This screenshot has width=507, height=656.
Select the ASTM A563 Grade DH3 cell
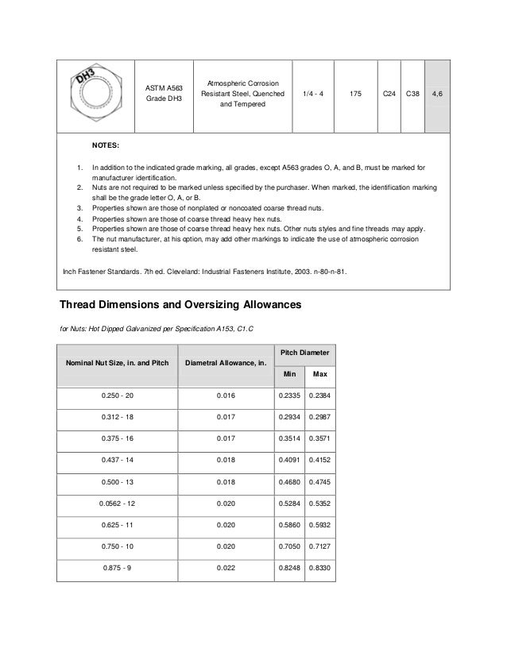click(163, 94)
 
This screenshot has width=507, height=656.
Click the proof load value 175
click(355, 94)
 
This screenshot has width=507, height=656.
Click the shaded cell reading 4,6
click(438, 94)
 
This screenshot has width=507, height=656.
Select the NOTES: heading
click(106, 147)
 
